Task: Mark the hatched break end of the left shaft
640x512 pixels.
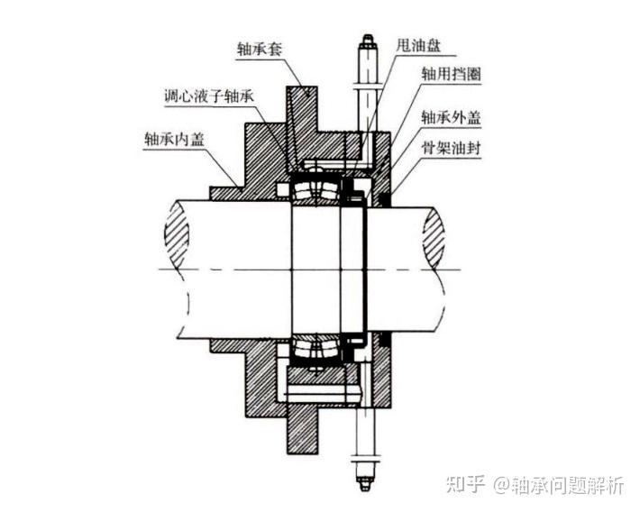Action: click(177, 233)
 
